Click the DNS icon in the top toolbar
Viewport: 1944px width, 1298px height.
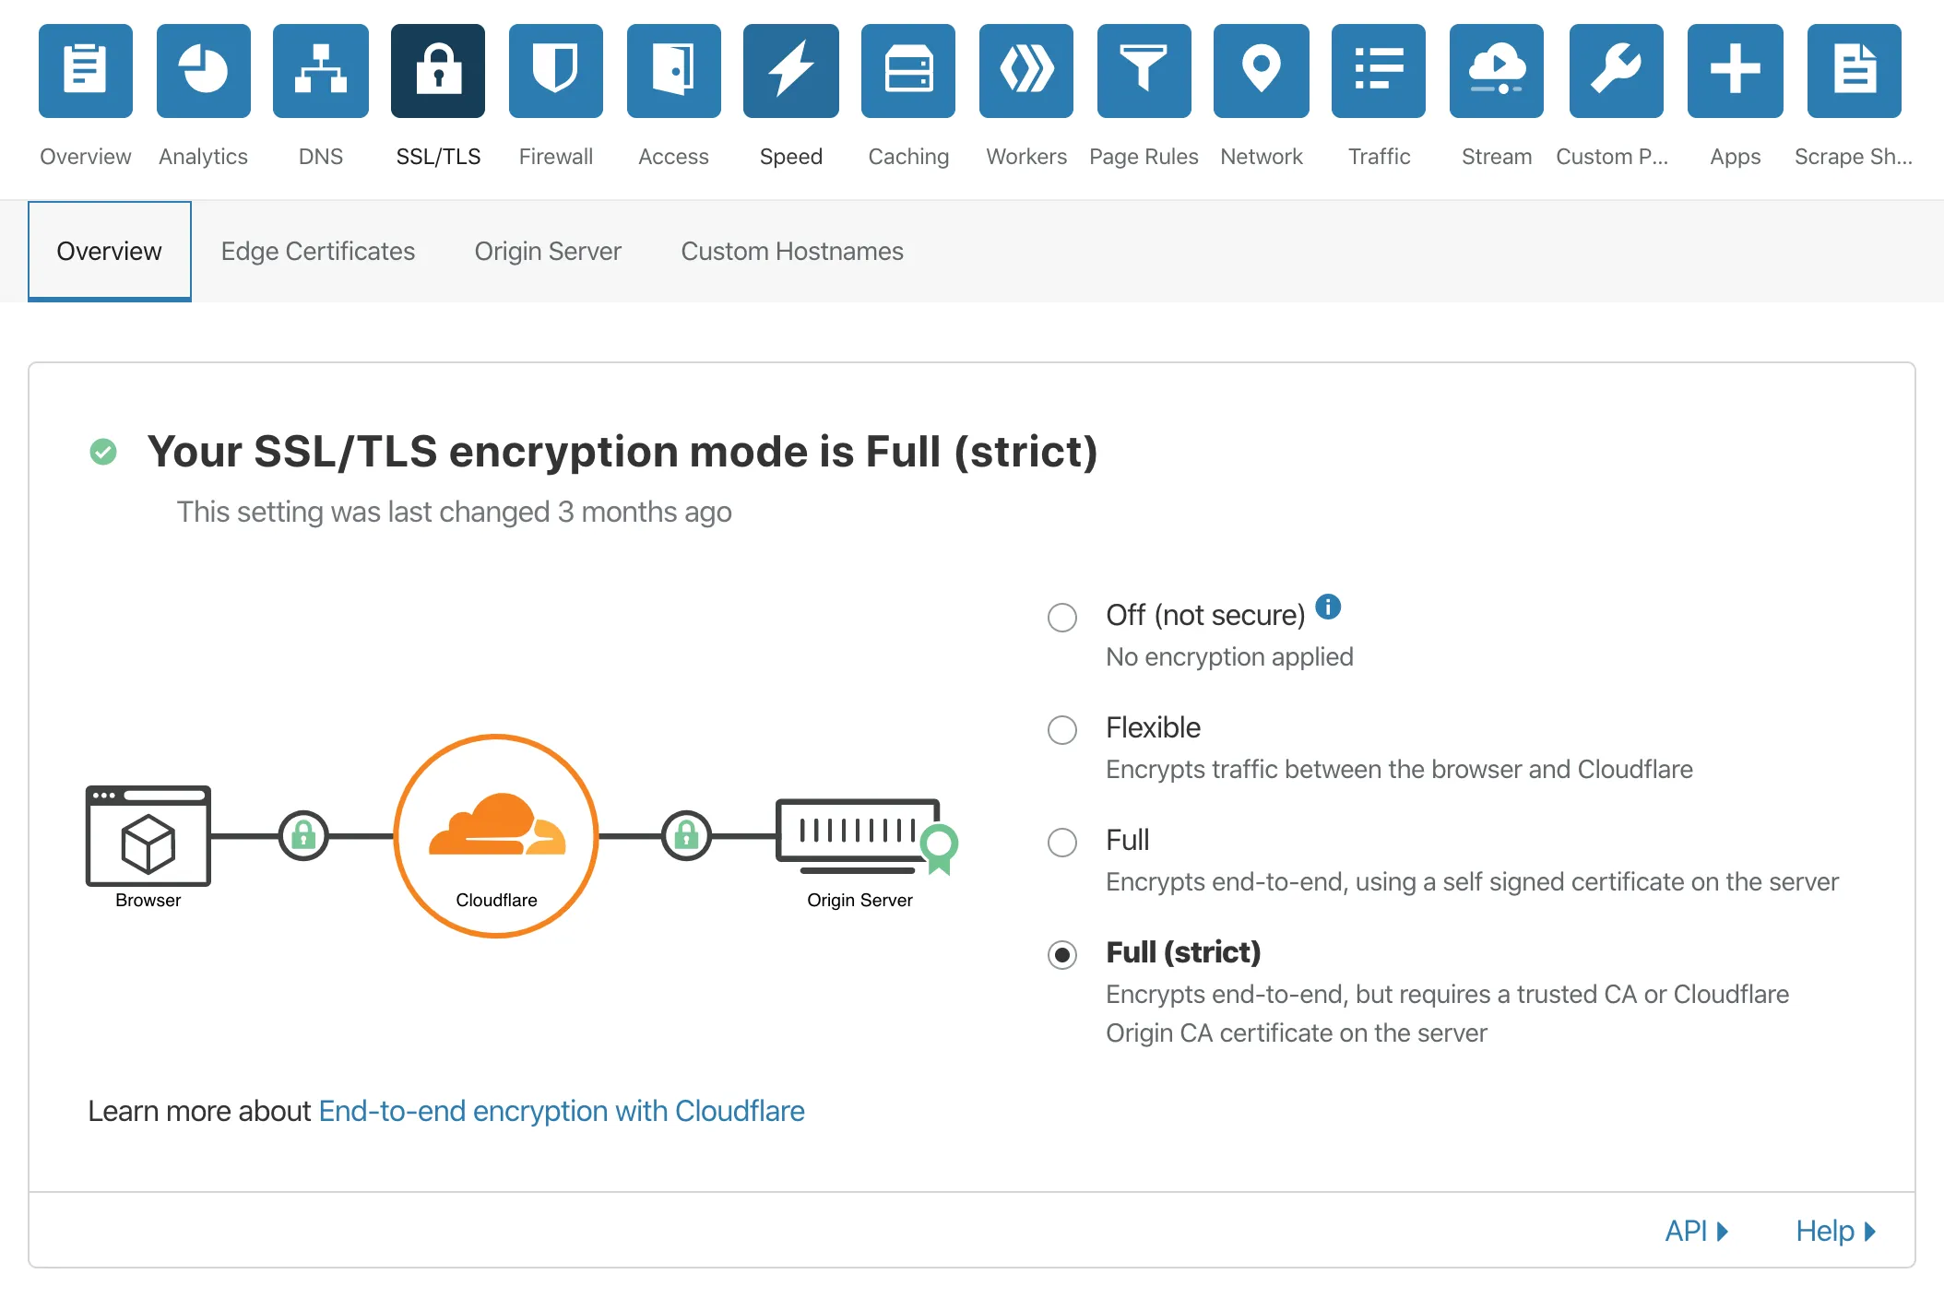321,71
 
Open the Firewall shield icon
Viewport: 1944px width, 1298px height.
556,71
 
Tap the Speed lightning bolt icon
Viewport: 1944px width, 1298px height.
791,71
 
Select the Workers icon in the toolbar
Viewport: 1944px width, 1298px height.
1026,71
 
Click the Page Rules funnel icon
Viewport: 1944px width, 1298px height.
1144,71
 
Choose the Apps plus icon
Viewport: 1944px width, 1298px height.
1736,71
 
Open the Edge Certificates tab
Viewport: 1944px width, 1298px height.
318,252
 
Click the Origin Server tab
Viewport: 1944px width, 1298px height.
548,252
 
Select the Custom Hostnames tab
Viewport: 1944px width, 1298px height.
792,252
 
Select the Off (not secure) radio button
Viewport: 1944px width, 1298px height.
1062,618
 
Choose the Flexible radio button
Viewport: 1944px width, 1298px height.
1062,730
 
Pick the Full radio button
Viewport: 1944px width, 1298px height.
1062,843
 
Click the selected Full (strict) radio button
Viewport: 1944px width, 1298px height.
1062,955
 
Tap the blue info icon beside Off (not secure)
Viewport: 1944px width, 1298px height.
1328,607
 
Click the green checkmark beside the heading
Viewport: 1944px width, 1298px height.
103,452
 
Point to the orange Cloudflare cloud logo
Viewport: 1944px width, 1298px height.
497,824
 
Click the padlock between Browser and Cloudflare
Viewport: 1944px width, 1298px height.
303,836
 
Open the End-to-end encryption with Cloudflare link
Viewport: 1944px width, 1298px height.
562,1112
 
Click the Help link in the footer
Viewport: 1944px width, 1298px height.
1835,1232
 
